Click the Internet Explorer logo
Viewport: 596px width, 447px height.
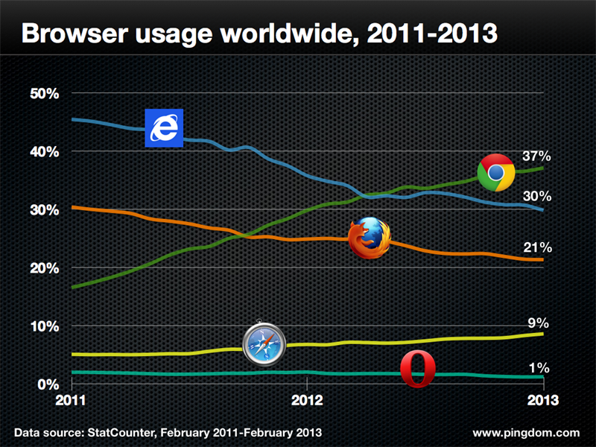163,128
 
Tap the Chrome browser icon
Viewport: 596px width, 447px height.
496,173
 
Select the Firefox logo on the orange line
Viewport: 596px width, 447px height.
370,238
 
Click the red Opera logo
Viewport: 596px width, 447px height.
418,370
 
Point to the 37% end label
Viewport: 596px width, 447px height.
536,156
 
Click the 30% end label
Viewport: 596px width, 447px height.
536,197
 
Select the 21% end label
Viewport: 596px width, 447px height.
536,247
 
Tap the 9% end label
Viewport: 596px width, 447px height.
539,323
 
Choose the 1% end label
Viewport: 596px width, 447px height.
539,367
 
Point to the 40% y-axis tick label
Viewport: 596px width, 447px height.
43,151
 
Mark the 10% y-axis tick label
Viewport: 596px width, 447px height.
43,326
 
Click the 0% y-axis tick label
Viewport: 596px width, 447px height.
47,384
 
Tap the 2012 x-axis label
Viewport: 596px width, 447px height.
306,399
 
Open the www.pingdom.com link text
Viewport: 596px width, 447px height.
525,432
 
